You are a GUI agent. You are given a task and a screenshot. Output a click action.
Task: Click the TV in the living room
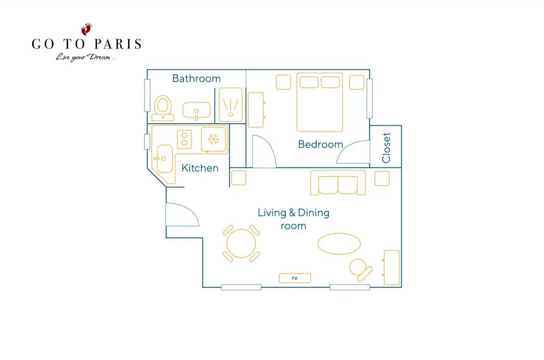click(294, 278)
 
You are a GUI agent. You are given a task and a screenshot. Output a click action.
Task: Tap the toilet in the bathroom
click(163, 108)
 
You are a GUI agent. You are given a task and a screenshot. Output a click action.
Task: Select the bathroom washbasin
click(196, 110)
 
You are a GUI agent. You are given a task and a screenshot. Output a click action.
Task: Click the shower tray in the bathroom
click(231, 105)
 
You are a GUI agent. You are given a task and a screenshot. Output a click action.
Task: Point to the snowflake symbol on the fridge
click(213, 139)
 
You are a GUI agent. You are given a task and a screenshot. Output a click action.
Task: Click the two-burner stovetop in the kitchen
click(184, 139)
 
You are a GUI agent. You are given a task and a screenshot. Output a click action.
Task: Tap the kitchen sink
click(164, 159)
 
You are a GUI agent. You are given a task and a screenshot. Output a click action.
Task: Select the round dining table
click(241, 243)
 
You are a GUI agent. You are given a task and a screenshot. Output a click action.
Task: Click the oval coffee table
click(339, 244)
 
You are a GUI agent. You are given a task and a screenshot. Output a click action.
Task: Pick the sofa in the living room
click(338, 183)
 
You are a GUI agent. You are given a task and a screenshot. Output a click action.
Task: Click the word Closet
click(386, 148)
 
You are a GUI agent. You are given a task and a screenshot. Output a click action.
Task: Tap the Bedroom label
click(320, 144)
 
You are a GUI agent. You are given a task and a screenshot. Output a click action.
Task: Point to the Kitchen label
click(200, 168)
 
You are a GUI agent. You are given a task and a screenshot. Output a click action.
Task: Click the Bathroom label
click(196, 78)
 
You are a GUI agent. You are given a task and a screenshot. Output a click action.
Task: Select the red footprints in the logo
click(86, 29)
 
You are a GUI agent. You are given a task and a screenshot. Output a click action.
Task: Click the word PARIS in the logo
click(118, 44)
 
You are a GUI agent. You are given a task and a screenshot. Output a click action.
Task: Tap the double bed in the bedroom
click(319, 102)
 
